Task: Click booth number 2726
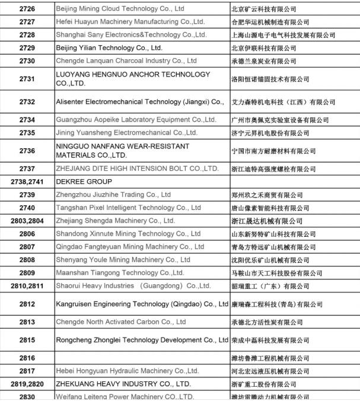[27, 9]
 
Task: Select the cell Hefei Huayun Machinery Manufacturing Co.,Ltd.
[130, 23]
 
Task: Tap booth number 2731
[27, 79]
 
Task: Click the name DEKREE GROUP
[84, 182]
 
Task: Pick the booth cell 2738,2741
[27, 182]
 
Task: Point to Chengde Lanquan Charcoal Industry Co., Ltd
[126, 61]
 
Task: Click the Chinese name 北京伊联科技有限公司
[263, 48]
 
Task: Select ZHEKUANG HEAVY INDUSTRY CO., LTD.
[123, 384]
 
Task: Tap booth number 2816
[27, 358]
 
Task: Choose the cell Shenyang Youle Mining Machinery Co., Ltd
[123, 260]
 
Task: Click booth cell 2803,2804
[27, 221]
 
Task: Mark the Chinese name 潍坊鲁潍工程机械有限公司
[270, 358]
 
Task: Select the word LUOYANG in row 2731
[74, 75]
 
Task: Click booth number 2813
[27, 322]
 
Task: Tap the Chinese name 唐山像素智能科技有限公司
[270, 208]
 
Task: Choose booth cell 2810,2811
[27, 286]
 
